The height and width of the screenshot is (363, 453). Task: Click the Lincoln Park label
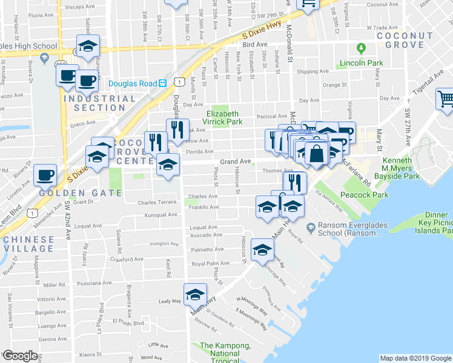pos(362,63)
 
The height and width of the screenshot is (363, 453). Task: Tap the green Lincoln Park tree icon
pos(362,48)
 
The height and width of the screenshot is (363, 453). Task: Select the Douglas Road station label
pos(133,83)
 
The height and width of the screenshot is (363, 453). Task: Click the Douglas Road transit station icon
pos(163,83)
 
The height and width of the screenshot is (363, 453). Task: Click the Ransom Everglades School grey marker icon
pos(311,228)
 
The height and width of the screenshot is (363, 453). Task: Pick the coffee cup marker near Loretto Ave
pos(44,175)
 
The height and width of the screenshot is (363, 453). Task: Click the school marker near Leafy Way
pos(195,295)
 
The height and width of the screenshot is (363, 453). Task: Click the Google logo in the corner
pos(19,356)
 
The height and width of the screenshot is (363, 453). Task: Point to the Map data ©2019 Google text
pos(415,358)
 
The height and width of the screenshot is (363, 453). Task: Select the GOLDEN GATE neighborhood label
pos(81,193)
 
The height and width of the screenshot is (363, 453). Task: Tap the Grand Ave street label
pos(235,162)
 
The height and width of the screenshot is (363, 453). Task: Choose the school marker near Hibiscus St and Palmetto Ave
pos(262,250)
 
